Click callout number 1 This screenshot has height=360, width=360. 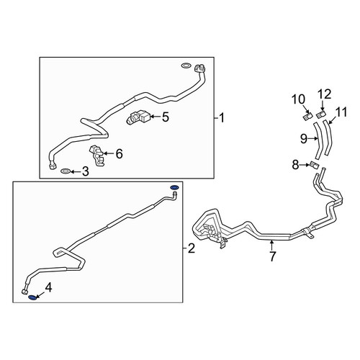click(x=222, y=118)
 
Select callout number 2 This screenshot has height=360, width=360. click(x=192, y=248)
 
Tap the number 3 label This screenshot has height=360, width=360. click(x=86, y=171)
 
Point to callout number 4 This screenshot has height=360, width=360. click(x=48, y=287)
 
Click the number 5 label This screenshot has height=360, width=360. click(x=166, y=117)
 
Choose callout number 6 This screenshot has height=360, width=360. click(x=119, y=153)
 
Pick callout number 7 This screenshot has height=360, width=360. click(x=272, y=256)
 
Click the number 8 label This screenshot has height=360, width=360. click(x=295, y=165)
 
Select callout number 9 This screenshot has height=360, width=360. click(x=304, y=138)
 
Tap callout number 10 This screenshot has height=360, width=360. click(x=298, y=99)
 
